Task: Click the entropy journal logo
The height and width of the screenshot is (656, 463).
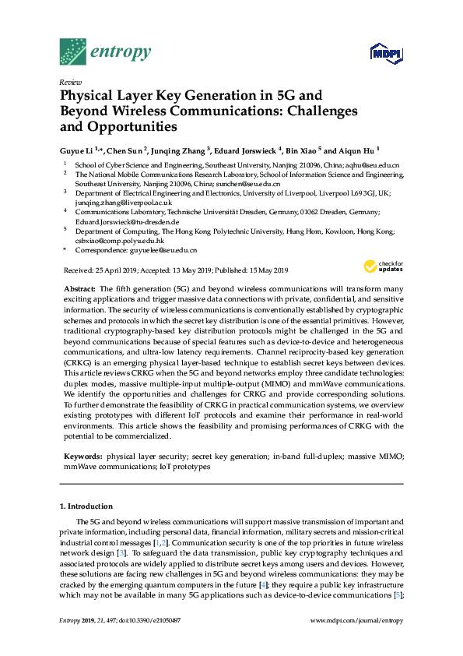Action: point(105,51)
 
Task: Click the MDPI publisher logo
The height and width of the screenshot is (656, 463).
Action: point(387,54)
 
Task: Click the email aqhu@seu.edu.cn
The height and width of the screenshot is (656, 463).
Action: point(373,165)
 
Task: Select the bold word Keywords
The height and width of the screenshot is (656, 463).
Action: point(82,454)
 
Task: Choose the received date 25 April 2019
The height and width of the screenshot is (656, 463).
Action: point(114,270)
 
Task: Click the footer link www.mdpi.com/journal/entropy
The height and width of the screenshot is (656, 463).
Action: point(357,620)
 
